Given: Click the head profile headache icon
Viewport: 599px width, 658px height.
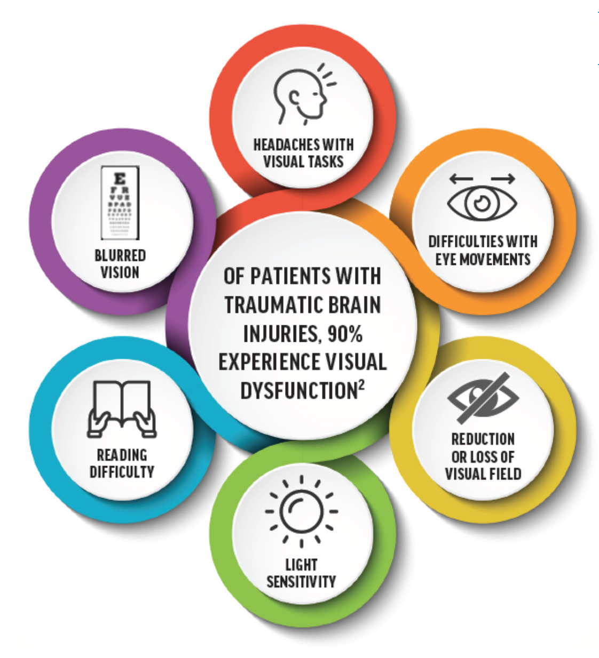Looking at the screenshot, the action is tap(300, 96).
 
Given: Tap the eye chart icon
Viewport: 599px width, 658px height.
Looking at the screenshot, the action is tap(120, 203).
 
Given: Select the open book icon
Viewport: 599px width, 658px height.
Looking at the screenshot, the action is tap(122, 408).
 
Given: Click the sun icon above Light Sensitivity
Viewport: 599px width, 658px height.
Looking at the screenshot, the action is tap(302, 511).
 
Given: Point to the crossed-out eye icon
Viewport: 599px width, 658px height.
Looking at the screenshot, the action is tap(483, 397).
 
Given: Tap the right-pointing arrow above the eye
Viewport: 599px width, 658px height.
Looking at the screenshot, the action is tap(503, 179).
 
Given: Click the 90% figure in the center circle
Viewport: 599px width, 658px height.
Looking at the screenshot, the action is tap(345, 334).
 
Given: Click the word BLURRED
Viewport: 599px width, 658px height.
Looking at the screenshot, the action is tap(120, 255).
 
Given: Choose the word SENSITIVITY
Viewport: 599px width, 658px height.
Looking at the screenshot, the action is tap(301, 581).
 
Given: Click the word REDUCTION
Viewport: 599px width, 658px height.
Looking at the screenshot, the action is tap(483, 439).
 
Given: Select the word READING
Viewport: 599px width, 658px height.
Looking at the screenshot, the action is tap(122, 455).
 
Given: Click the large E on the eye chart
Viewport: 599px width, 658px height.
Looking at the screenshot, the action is tap(120, 178).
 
